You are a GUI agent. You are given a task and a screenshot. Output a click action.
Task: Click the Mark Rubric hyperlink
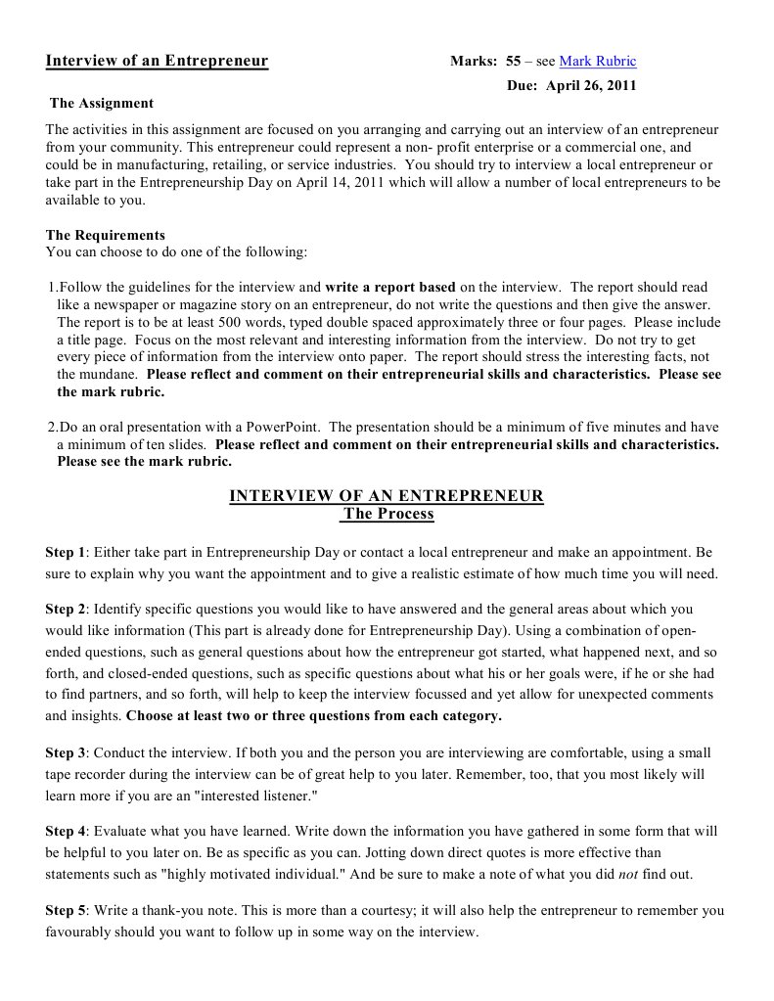pos(597,62)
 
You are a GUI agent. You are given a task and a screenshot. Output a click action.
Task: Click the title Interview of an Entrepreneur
pos(157,62)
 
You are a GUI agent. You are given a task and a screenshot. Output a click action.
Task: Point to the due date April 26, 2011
pos(590,85)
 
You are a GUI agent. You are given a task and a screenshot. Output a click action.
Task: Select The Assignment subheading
pos(102,103)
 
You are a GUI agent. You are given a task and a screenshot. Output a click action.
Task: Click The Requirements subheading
pos(106,235)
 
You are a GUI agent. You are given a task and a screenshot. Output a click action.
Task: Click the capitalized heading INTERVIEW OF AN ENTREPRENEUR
pos(387,496)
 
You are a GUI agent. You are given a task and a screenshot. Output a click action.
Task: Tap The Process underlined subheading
pos(387,514)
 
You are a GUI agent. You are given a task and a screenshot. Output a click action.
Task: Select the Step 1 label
pos(66,552)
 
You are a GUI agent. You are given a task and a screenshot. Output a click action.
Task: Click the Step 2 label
pos(66,609)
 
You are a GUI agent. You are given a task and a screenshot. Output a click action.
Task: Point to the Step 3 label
pos(66,752)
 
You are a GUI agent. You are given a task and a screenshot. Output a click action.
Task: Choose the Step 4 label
pos(66,831)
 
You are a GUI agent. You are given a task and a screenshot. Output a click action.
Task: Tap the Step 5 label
pos(66,910)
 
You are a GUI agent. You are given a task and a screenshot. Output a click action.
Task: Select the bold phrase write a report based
pos(390,288)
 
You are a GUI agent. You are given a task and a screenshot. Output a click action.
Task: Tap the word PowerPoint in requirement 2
pos(289,427)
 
